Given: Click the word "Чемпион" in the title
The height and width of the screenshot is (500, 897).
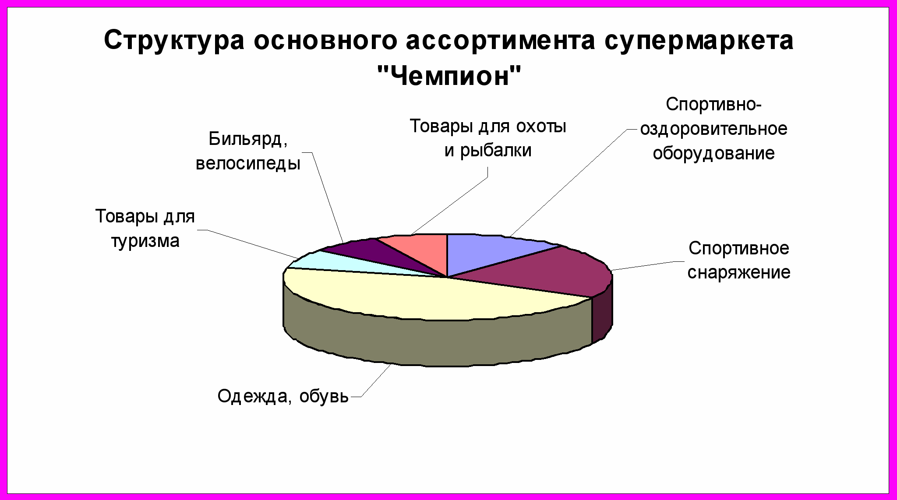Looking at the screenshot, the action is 449,76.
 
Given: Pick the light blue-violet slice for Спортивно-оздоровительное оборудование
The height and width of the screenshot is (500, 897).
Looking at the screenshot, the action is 491,252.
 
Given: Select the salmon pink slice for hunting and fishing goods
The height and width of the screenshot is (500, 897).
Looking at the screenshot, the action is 420,250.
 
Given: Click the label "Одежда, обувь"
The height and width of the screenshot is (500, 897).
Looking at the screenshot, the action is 283,396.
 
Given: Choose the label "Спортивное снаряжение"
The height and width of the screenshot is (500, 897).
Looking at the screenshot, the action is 739,261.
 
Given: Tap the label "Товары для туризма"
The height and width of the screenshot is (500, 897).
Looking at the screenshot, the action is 145,229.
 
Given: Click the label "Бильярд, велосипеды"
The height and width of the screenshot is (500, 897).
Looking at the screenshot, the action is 248,151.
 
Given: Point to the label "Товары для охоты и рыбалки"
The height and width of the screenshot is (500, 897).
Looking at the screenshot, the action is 488,138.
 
